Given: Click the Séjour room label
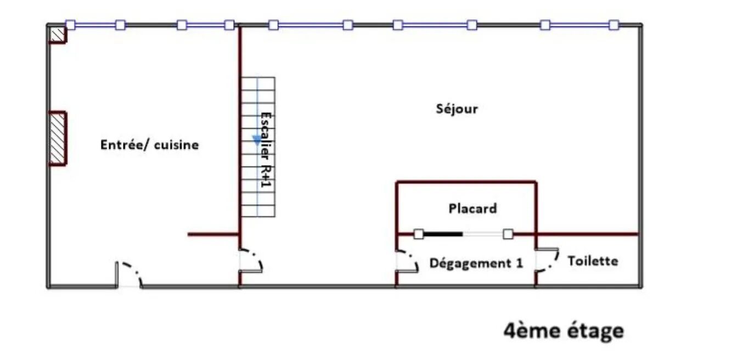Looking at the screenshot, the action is point(457,109).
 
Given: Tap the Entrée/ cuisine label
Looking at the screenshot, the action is point(150,145).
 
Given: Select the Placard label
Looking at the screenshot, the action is point(472,209).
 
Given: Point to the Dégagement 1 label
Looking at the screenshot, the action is point(476,263).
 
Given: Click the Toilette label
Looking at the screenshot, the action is point(593,261).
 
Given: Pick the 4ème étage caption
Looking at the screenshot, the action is point(564,331).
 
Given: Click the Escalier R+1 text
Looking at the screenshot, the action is point(266,150).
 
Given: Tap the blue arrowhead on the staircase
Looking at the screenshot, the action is point(257,140).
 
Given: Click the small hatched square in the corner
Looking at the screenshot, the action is point(58,35).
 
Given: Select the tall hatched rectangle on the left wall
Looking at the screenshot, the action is point(58,138).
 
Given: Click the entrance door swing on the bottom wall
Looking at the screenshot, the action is point(129,274).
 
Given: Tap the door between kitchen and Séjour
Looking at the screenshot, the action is point(251,261).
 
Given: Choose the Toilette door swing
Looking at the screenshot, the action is point(547,260).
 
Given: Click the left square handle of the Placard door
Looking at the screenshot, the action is point(419,234).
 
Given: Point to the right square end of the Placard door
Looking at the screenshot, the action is point(508,234).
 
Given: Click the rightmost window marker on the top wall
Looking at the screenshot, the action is point(614,25).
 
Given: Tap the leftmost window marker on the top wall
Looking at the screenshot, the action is point(71,25).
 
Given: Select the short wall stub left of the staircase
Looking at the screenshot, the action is point(213,234).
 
